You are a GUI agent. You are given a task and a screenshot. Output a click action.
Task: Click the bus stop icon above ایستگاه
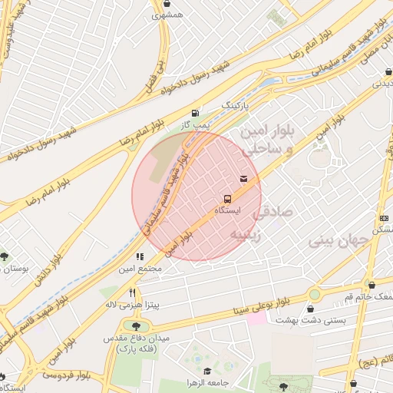coord(227,199)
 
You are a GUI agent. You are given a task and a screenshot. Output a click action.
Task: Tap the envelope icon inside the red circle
coord(243,179)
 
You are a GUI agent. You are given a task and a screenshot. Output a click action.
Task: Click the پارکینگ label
coord(236,102)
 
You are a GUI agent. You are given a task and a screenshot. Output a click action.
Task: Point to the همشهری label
coord(167,15)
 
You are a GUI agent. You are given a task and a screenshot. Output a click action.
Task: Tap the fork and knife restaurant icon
coord(132,292)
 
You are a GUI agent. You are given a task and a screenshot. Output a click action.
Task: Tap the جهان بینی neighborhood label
coord(340,241)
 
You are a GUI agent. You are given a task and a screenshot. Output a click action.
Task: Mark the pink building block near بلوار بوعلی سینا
coord(256,317)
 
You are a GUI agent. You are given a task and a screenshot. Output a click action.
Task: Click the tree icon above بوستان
coord(5,257)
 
